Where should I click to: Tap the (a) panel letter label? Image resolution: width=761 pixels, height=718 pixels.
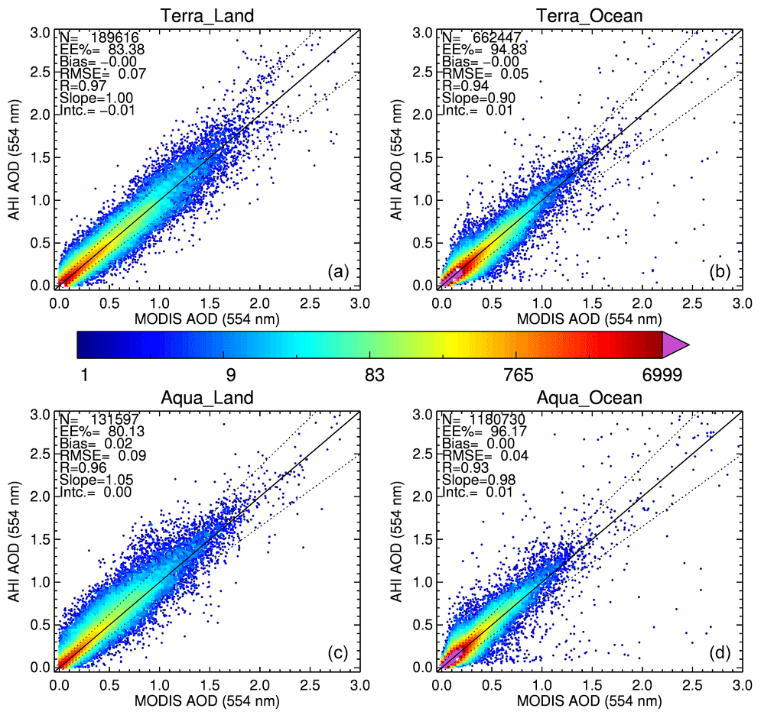click(x=337, y=271)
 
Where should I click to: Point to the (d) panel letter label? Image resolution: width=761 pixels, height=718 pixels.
click(x=720, y=653)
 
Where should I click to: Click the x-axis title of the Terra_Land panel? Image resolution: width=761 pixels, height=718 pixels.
click(x=209, y=318)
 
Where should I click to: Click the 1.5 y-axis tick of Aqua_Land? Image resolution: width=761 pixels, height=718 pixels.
click(x=41, y=540)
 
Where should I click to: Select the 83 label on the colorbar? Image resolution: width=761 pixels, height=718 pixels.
click(x=374, y=376)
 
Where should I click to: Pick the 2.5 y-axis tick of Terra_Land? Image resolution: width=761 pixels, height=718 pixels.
click(x=41, y=74)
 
